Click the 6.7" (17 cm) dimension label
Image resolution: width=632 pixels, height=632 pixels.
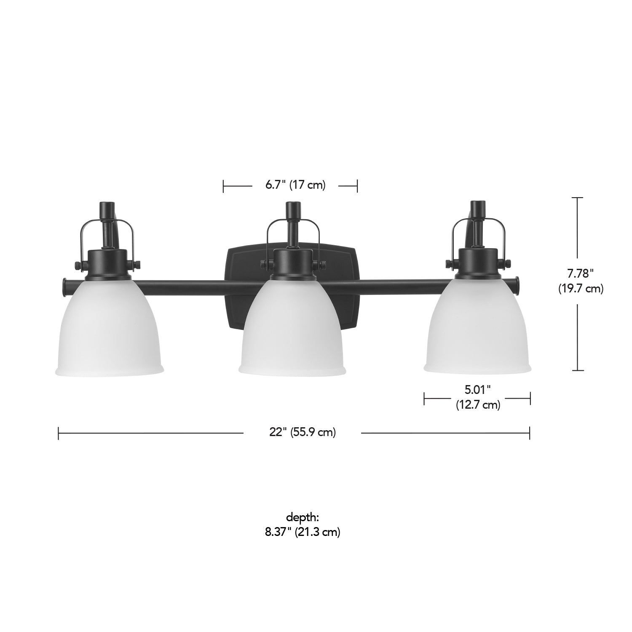pyautogui.click(x=295, y=185)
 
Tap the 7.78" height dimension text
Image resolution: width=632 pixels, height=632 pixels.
pyautogui.click(x=580, y=273)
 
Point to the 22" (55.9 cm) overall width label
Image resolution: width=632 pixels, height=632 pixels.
pyautogui.click(x=303, y=433)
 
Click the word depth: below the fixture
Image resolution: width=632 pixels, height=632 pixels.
pyautogui.click(x=303, y=517)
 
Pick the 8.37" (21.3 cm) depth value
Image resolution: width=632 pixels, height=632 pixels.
pyautogui.click(x=303, y=532)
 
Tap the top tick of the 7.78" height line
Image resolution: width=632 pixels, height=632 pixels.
pyautogui.click(x=577, y=198)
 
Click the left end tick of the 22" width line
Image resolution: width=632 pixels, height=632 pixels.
pyautogui.click(x=59, y=433)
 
